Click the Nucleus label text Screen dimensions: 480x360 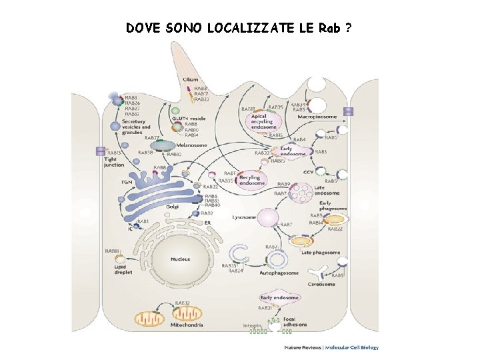(x=180, y=259)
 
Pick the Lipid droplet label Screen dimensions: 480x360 (x=123, y=269)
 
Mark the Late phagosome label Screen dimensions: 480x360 (x=320, y=253)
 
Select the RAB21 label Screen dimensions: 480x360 (x=265, y=308)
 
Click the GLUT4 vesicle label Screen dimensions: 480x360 (x=189, y=118)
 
